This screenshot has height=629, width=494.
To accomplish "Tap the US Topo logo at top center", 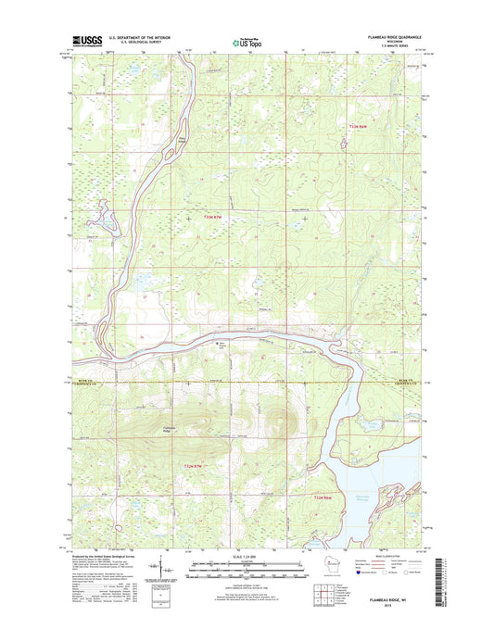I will pyautogui.click(x=246, y=41).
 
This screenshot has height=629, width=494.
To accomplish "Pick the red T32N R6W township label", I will pyautogui.click(x=321, y=497).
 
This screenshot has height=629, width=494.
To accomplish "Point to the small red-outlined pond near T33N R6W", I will pyautogui.click(x=344, y=143).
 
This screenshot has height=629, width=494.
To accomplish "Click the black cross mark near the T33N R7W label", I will pyautogui.click(x=189, y=218).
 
